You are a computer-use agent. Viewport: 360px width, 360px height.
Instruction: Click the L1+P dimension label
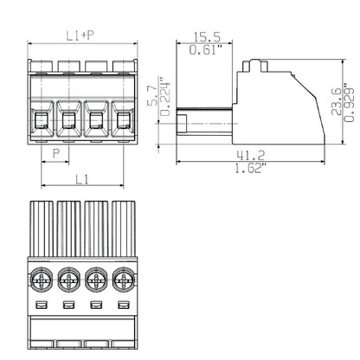click(83, 35)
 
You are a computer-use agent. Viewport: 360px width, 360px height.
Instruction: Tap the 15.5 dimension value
click(205, 37)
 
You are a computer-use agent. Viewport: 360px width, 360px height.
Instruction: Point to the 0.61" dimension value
click(205, 51)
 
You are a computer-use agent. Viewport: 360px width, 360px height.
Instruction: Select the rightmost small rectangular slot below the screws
click(123, 307)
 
